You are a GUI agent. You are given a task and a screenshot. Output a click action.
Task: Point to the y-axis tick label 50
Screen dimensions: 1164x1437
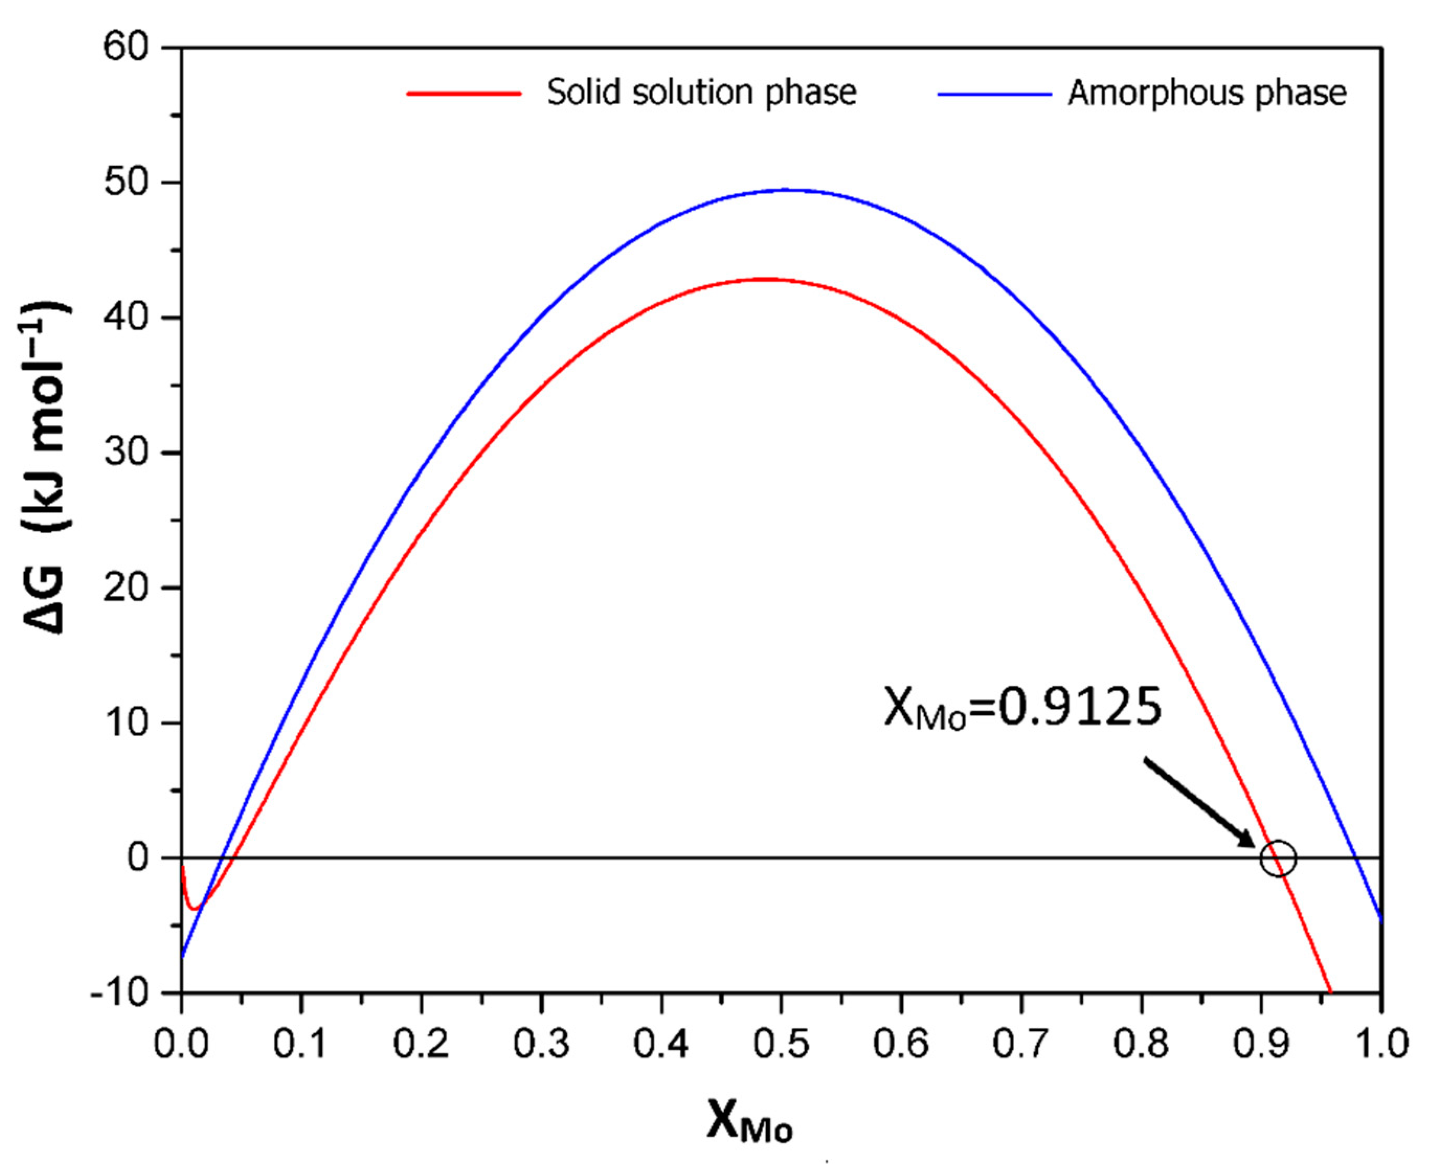point(126,183)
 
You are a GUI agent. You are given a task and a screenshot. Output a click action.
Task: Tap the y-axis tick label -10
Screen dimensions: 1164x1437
point(119,993)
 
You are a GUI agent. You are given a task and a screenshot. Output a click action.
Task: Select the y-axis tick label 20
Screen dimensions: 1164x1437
point(126,588)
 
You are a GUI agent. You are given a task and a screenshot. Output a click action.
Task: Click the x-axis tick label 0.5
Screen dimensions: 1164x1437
point(781,1045)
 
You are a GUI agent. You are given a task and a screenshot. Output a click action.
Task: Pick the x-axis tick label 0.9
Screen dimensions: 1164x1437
point(1261,1045)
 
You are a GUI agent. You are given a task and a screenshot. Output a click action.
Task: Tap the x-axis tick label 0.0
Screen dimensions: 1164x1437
point(182,1045)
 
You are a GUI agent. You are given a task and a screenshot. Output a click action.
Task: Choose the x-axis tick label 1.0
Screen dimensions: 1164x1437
point(1380,1045)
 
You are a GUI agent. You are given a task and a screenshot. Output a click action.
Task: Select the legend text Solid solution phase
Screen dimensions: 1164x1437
point(701,93)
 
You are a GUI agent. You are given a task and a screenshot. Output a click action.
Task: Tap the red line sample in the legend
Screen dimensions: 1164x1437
point(464,94)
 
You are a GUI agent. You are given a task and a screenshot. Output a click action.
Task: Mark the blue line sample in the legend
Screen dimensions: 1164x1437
point(994,94)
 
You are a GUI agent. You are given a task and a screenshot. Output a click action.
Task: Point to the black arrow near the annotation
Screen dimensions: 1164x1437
point(1199,802)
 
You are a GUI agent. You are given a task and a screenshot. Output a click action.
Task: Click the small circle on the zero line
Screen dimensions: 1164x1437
point(1278,858)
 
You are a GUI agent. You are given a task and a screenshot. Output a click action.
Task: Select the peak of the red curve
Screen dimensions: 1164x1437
point(765,279)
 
